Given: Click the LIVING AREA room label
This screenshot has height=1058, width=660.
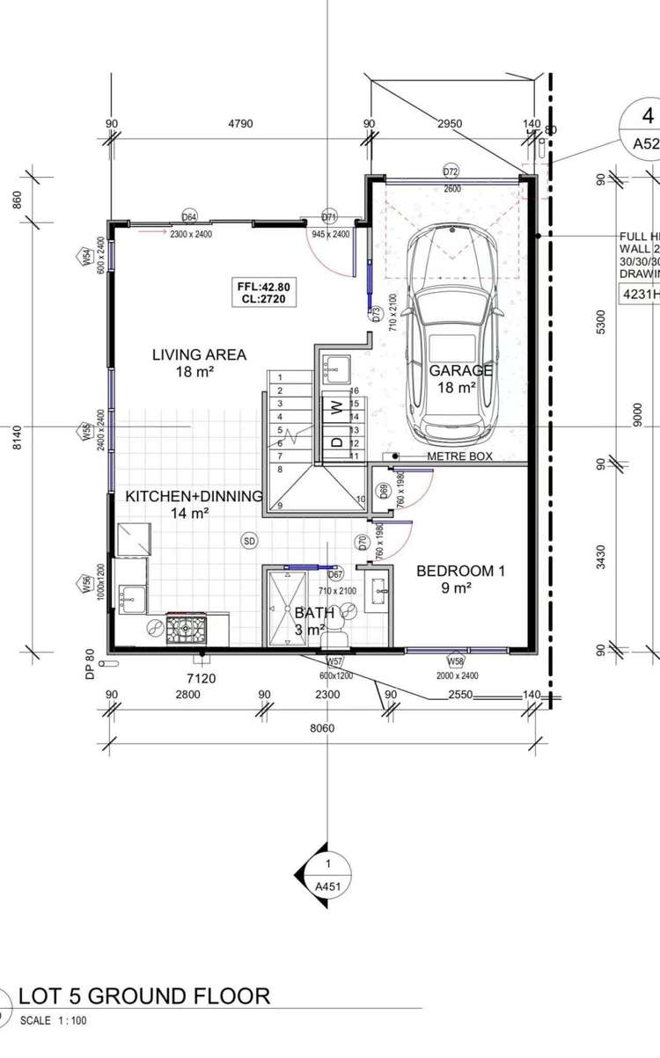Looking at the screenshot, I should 199,355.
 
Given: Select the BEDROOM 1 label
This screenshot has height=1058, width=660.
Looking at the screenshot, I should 460,571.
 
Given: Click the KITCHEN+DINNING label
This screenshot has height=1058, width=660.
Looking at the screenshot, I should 194,496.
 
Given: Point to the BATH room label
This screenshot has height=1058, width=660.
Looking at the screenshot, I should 314,612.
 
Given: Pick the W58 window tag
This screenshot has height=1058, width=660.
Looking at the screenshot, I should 455,660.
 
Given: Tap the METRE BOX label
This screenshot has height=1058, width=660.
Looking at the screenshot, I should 459,456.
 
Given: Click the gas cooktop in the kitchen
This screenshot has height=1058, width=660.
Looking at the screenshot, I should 187,627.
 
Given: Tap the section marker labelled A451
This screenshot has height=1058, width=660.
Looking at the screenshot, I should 326,875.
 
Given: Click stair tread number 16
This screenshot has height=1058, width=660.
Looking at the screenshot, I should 355,390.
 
